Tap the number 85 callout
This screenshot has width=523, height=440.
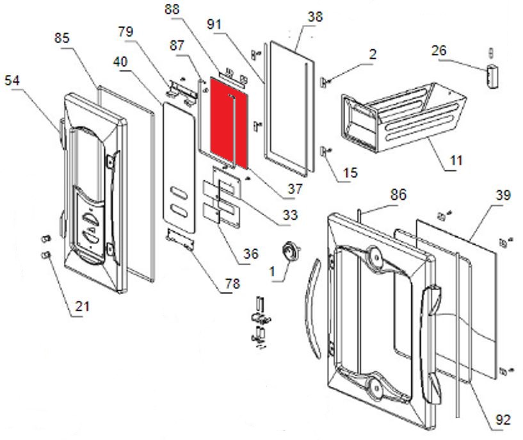click(61, 39)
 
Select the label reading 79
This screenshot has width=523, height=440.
click(125, 32)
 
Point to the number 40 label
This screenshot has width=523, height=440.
click(120, 61)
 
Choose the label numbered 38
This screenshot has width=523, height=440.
click(315, 17)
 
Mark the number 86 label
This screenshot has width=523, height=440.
click(398, 195)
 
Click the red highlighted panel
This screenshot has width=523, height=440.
click(221, 122)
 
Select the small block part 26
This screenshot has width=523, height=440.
click(491, 75)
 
